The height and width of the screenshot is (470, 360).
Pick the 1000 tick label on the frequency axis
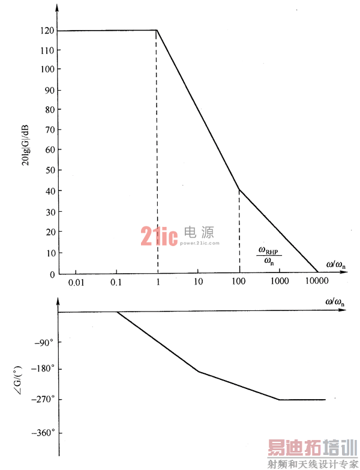279,282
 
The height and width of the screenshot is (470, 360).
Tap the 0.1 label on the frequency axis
116,282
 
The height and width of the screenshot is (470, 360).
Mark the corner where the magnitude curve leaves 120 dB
157,30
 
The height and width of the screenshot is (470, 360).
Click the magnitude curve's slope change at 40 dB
239,190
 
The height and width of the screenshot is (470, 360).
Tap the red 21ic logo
159,237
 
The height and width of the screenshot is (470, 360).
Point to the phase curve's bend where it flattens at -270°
280,399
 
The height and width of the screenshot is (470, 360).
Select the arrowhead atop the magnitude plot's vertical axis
58,8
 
